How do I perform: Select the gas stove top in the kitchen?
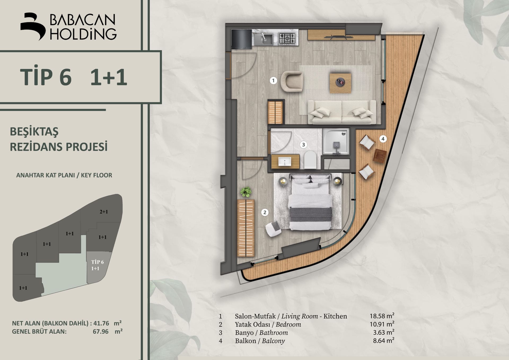pyautogui.click(x=287, y=39)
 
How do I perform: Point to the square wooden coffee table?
pyautogui.click(x=340, y=83)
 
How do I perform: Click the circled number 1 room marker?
pyautogui.click(x=273, y=80)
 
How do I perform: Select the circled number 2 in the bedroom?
pyautogui.click(x=265, y=212)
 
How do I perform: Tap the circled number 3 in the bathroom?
pyautogui.click(x=304, y=145)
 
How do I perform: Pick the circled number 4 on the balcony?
pyautogui.click(x=383, y=138)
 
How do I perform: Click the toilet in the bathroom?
pyautogui.click(x=310, y=160)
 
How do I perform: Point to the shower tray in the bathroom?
pyautogui.click(x=336, y=141)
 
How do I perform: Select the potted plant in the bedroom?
pyautogui.click(x=246, y=192)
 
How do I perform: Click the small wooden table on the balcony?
pyautogui.click(x=380, y=156)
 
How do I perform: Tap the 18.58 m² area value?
pyautogui.click(x=382, y=316)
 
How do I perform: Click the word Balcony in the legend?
pyautogui.click(x=273, y=341)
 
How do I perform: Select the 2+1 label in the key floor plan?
pyautogui.click(x=104, y=212)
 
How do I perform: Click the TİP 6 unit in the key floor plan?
pyautogui.click(x=97, y=267)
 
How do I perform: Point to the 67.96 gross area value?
pyautogui.click(x=100, y=331)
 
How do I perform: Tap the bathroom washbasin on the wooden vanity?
pyautogui.click(x=285, y=161)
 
